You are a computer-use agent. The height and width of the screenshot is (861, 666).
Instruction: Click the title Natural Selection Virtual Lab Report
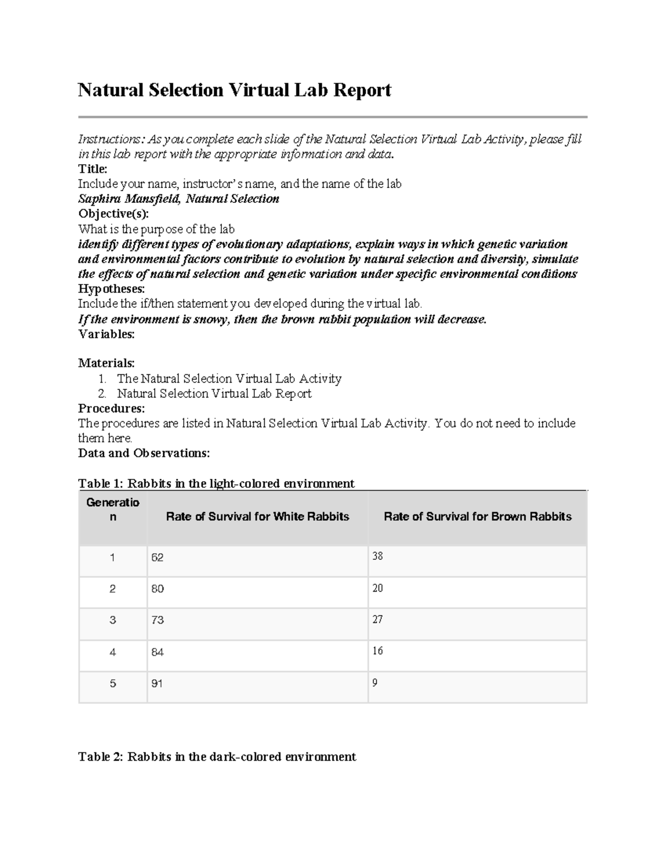click(234, 90)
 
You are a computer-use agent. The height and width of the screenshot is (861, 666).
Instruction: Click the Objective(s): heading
click(113, 214)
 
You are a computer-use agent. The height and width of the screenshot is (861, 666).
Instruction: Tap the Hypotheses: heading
click(111, 289)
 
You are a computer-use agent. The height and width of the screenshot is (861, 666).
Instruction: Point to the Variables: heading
click(106, 334)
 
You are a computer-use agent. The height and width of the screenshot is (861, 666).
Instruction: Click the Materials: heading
click(106, 363)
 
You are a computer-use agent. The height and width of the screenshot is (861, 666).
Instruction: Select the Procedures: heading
click(111, 409)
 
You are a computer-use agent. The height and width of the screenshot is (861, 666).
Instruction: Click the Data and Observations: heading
click(144, 453)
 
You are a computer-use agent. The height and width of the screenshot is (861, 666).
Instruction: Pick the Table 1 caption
click(216, 483)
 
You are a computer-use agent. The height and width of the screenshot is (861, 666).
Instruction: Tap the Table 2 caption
click(217, 757)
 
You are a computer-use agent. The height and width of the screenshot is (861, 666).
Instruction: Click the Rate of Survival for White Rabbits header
click(258, 517)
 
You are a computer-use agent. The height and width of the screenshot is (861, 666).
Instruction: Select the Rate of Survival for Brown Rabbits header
click(477, 517)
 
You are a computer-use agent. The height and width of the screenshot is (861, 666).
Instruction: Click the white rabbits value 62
click(157, 558)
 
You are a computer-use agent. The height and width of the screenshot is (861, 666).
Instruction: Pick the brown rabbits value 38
click(377, 556)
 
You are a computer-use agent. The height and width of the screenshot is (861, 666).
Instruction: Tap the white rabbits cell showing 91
click(157, 684)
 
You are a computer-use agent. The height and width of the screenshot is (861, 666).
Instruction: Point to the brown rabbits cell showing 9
click(375, 683)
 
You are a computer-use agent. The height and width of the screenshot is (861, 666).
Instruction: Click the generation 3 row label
click(113, 620)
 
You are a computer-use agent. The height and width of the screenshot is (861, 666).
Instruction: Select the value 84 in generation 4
click(157, 653)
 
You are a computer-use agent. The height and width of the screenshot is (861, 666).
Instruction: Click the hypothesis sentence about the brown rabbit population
click(282, 319)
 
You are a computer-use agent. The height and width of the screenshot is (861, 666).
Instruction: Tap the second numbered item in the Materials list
click(214, 394)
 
